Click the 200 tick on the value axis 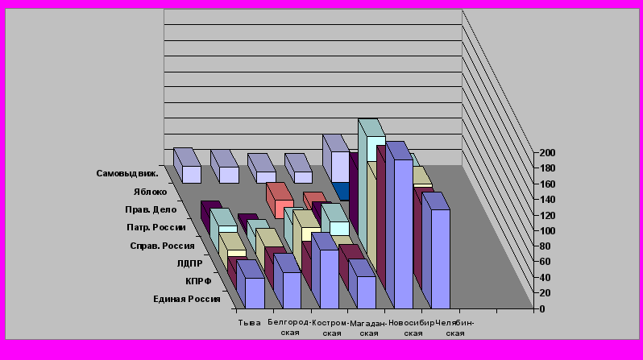pos(547,152)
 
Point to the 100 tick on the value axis pos(547,230)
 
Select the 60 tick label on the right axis pos(547,262)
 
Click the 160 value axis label pos(547,184)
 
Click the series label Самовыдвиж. pos(127,173)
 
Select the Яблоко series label pos(151,192)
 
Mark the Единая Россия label pos(187,300)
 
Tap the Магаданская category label pos(369,327)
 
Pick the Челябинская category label pos(455,327)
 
